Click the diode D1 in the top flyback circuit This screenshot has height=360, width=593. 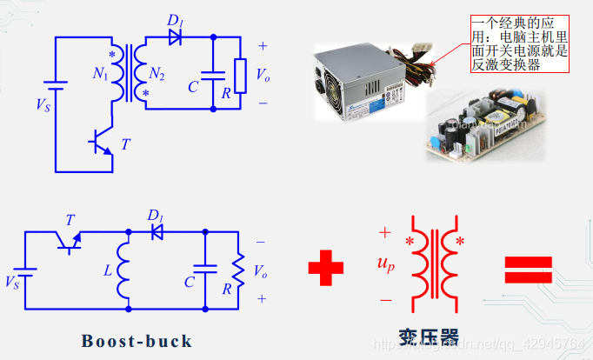[175, 37]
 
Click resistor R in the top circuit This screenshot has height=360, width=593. [239, 72]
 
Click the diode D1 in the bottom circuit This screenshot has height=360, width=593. [157, 231]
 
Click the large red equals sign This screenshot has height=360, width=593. [529, 269]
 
